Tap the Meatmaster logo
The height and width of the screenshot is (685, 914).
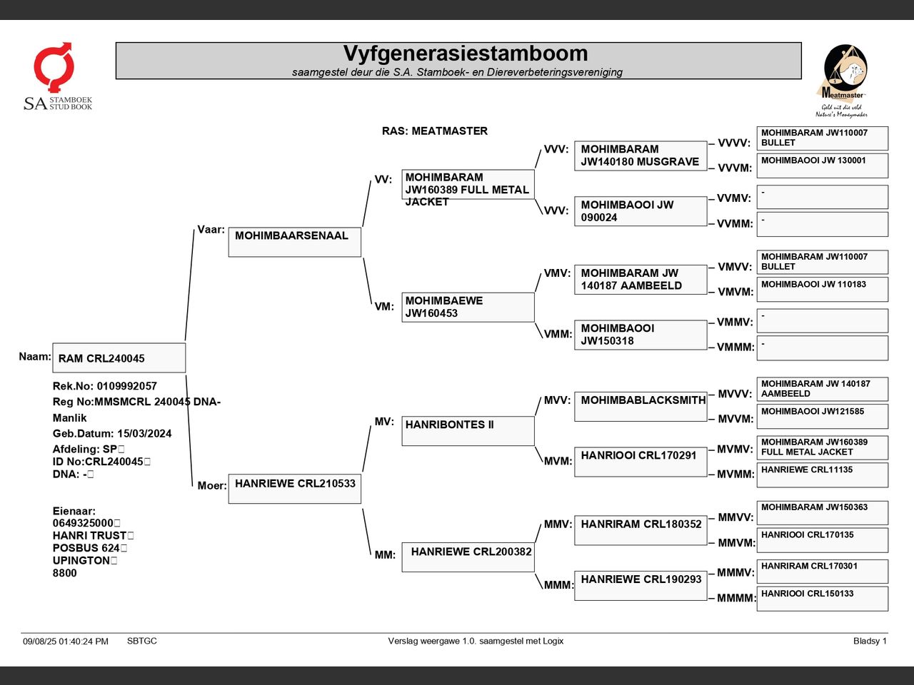pyautogui.click(x=843, y=81)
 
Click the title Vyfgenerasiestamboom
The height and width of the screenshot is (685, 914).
pyautogui.click(x=466, y=54)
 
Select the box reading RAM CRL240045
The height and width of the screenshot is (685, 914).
pyautogui.click(x=119, y=357)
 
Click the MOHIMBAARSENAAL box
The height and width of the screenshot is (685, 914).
pyautogui.click(x=295, y=242)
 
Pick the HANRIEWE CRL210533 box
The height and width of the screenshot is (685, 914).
pyautogui.click(x=295, y=489)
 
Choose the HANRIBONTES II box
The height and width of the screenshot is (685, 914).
pyautogui.click(x=468, y=431)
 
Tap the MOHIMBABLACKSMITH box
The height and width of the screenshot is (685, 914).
pyautogui.click(x=641, y=406)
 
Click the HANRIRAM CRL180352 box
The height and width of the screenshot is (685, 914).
pyautogui.click(x=641, y=530)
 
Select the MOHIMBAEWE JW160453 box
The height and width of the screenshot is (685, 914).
pyautogui.click(x=468, y=308)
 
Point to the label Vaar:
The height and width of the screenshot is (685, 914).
pyautogui.click(x=211, y=230)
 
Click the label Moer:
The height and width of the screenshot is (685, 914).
pyautogui.click(x=212, y=485)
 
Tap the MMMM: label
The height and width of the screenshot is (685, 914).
pyautogui.click(x=736, y=598)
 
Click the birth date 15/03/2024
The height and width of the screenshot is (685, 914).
pyautogui.click(x=144, y=433)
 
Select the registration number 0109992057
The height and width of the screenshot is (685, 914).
pyautogui.click(x=126, y=386)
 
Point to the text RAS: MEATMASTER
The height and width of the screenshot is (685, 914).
pyautogui.click(x=435, y=131)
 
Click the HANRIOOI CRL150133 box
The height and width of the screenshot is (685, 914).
pyautogui.click(x=823, y=599)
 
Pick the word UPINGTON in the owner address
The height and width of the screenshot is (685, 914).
pyautogui.click(x=81, y=560)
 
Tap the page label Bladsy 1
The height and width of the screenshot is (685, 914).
pyautogui.click(x=870, y=641)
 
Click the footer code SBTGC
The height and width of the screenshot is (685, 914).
pyautogui.click(x=142, y=641)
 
